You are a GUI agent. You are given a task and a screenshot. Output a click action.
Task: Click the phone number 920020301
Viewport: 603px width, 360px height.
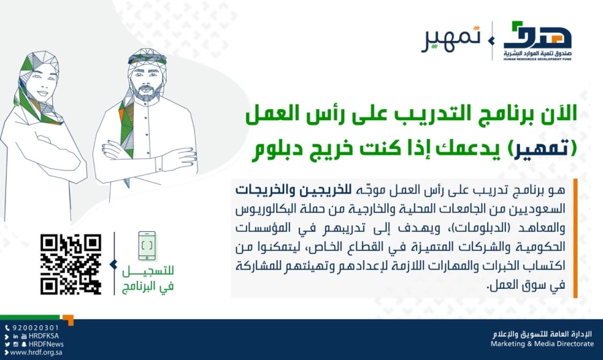click(32, 328)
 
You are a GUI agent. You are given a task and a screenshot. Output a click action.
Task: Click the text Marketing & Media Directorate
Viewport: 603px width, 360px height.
click(541, 344)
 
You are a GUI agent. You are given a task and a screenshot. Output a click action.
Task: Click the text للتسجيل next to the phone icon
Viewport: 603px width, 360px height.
click(149, 275)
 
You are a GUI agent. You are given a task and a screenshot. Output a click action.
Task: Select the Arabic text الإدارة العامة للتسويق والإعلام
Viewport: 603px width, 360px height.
click(543, 333)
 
